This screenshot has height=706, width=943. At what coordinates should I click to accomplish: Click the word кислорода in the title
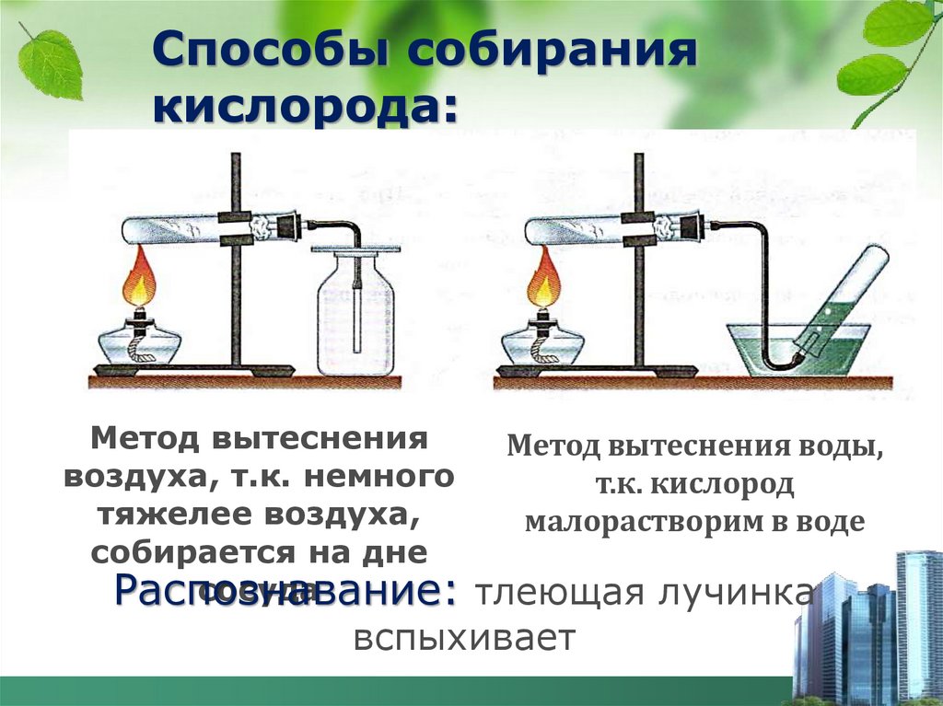305,107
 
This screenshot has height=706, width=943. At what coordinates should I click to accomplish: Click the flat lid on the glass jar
355,249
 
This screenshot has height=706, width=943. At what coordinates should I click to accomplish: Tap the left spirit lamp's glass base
140,344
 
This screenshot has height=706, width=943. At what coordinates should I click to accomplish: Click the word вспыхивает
464,638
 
